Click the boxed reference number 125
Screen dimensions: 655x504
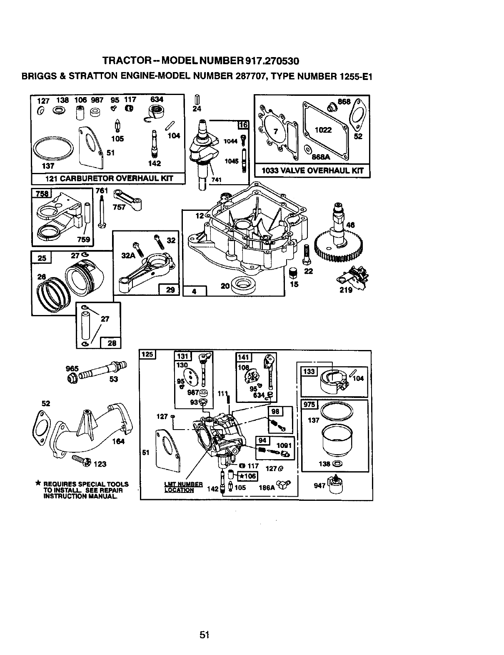pos(147,355)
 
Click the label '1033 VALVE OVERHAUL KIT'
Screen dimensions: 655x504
pos(312,170)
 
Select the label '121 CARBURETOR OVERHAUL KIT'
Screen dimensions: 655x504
pos(108,179)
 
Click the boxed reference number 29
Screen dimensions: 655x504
pos(170,290)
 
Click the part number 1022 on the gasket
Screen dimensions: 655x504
pos(323,130)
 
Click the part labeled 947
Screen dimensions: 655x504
pos(334,485)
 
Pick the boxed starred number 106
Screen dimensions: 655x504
pos(247,476)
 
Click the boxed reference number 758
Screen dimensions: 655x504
pos(40,194)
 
